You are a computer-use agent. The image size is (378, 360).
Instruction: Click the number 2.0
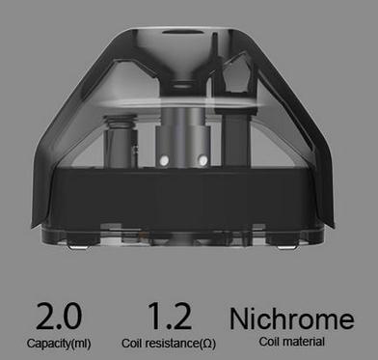[59, 316]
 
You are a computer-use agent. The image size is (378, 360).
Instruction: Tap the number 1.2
[170, 316]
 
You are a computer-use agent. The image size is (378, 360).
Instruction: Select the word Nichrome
[291, 318]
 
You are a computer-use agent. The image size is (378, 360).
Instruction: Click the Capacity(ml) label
[59, 344]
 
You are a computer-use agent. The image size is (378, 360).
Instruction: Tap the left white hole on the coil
[164, 160]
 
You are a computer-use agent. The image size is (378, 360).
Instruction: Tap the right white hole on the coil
[202, 160]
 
